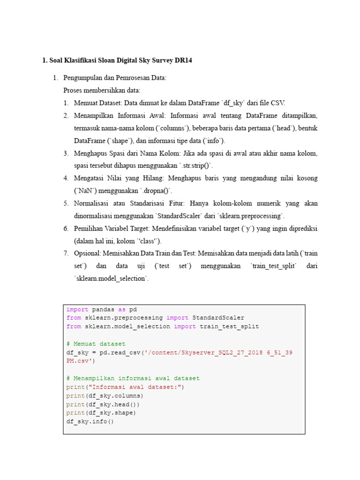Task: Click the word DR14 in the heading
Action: tap(183, 60)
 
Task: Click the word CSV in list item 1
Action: tap(278, 103)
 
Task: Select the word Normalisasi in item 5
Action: tap(92, 203)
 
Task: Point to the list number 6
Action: tap(66, 228)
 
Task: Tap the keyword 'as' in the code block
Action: tap(121, 309)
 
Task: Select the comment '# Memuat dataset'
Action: tap(96, 344)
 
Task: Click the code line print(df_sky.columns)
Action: tap(105, 396)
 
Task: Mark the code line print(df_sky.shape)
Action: tap(101, 413)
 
